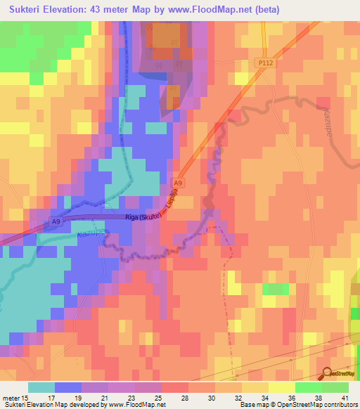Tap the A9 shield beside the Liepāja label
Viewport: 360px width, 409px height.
178,183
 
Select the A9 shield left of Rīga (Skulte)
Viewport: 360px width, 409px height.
56,222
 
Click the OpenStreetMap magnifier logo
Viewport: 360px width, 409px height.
326,374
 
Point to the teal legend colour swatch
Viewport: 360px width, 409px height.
41,387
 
